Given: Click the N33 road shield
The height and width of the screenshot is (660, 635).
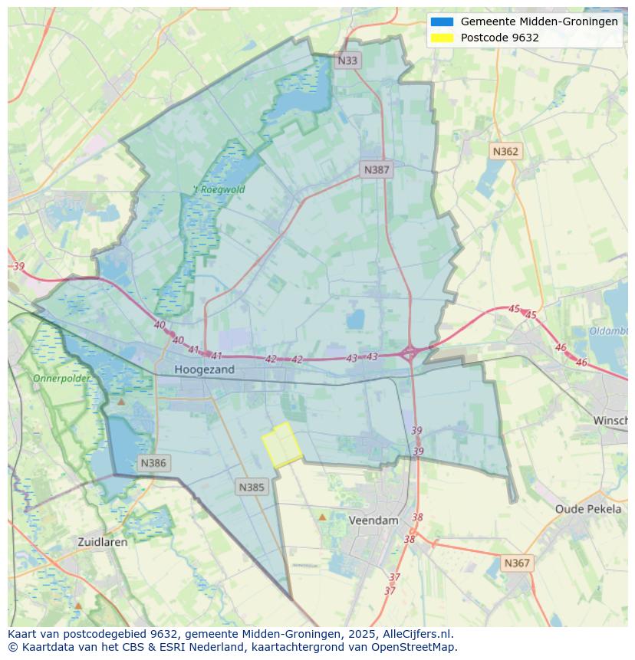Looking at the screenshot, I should click(x=347, y=60).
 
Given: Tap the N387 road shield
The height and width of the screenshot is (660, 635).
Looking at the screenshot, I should click(x=377, y=169).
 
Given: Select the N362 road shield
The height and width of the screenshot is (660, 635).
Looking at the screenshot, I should click(x=505, y=151).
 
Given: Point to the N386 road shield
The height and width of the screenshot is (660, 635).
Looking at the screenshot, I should click(x=153, y=463).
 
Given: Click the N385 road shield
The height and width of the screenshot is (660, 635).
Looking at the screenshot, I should click(x=252, y=487).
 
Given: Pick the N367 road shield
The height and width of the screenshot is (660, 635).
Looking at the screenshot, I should click(x=517, y=563).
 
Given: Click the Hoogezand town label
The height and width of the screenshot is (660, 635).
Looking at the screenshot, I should click(x=204, y=369).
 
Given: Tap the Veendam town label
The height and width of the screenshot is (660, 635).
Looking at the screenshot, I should click(x=373, y=520).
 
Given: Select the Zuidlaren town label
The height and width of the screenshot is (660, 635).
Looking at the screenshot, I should click(x=103, y=541).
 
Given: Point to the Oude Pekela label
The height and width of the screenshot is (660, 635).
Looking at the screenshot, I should click(x=588, y=509).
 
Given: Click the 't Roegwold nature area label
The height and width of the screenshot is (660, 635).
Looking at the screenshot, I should click(x=219, y=189).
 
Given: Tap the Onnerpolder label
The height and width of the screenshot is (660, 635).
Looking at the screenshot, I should click(x=61, y=378).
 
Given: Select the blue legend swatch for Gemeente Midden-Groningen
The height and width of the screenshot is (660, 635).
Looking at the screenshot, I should click(x=443, y=21).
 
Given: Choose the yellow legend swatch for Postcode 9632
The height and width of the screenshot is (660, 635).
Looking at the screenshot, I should click(x=443, y=38).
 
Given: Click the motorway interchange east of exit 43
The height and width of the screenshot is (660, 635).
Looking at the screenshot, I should click(x=410, y=353).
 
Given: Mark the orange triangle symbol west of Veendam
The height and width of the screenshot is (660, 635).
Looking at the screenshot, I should click(x=322, y=517).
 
